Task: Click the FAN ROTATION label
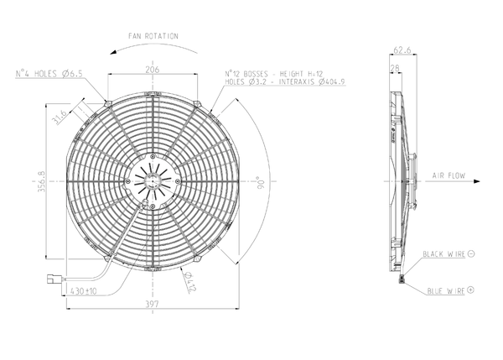click(x=153, y=37)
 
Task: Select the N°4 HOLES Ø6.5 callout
click(x=49, y=74)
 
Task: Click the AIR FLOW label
click(x=449, y=175)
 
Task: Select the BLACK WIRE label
click(x=444, y=253)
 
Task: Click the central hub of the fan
click(x=153, y=180)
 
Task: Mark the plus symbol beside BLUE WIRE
click(x=470, y=289)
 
